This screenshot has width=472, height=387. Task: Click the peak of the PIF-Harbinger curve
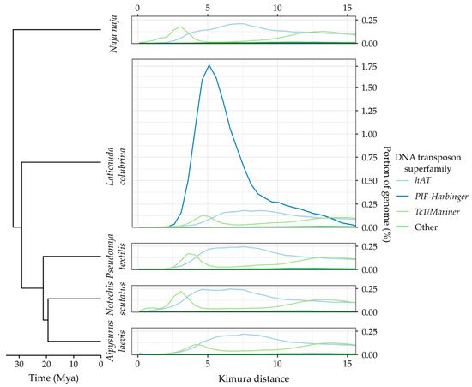point(209,65)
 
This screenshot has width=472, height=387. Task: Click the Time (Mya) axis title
point(53,378)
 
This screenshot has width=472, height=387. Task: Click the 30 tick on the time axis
point(20,363)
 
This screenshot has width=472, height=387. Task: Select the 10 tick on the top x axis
point(277,7)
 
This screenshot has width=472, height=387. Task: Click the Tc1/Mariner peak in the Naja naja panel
point(179,27)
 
